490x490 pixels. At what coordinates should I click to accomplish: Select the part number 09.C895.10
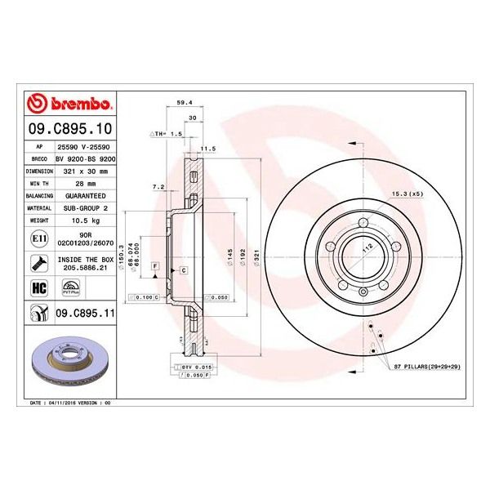click(69, 128)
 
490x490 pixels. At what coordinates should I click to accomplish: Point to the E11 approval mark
click(38, 238)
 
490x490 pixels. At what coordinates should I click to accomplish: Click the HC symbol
click(38, 287)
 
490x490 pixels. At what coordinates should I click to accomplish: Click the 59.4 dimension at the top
click(185, 104)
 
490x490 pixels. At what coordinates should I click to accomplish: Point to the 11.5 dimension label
click(207, 149)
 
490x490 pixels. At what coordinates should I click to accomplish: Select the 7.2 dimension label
click(158, 187)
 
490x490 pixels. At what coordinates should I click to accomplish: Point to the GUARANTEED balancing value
click(85, 196)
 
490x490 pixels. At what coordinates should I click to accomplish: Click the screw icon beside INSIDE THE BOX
click(38, 262)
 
